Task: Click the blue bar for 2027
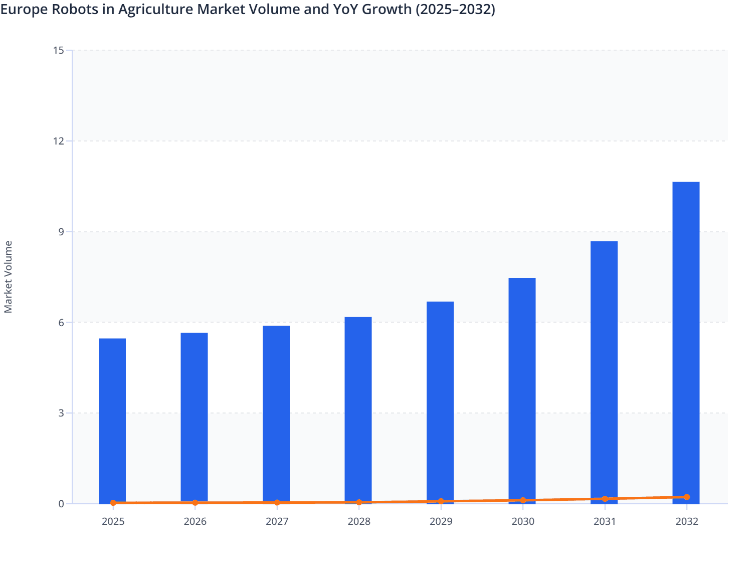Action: pyautogui.click(x=276, y=414)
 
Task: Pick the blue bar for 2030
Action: pyautogui.click(x=522, y=390)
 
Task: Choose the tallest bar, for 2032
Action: pyautogui.click(x=686, y=342)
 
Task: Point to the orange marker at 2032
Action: pyautogui.click(x=687, y=497)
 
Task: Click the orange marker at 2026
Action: pyautogui.click(x=195, y=503)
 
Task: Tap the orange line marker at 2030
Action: pyautogui.click(x=523, y=500)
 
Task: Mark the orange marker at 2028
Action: pyautogui.click(x=359, y=502)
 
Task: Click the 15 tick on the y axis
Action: pyautogui.click(x=58, y=50)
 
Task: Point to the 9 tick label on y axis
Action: pyautogui.click(x=61, y=232)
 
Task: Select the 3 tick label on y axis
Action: pyautogui.click(x=61, y=413)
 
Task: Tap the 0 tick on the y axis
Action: pyautogui.click(x=61, y=504)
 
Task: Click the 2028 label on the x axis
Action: pyautogui.click(x=359, y=522)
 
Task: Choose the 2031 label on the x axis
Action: pyautogui.click(x=605, y=522)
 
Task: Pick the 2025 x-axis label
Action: pyautogui.click(x=113, y=522)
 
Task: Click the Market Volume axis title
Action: pyautogui.click(x=8, y=277)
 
